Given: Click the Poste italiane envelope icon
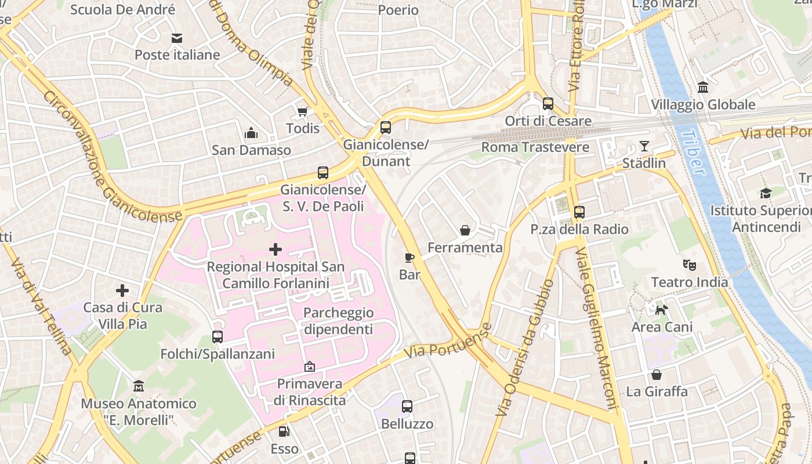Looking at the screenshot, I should (177, 38).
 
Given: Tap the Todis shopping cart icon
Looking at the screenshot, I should (302, 111).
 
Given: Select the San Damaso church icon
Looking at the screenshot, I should (251, 133).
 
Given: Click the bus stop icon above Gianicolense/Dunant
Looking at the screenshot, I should (386, 127).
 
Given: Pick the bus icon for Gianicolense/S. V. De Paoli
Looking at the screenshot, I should (323, 172).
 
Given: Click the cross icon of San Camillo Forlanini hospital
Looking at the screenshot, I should (275, 249).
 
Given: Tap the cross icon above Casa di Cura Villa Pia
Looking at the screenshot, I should (122, 290).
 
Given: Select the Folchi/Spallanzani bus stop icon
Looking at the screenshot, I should (217, 336).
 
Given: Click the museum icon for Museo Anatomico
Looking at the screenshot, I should (139, 386).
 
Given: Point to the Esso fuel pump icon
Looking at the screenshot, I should (284, 431).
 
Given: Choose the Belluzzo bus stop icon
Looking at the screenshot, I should (407, 406).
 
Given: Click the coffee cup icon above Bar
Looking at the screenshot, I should (409, 257).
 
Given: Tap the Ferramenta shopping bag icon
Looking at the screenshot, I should (465, 230).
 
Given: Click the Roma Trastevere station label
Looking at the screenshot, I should (535, 147).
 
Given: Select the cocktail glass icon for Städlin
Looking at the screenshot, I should (644, 146).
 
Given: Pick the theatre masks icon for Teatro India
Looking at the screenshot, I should (689, 265).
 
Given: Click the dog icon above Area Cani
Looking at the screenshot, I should (662, 310).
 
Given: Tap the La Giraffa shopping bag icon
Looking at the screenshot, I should (657, 375).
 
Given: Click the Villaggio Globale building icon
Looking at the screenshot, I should (703, 87).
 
